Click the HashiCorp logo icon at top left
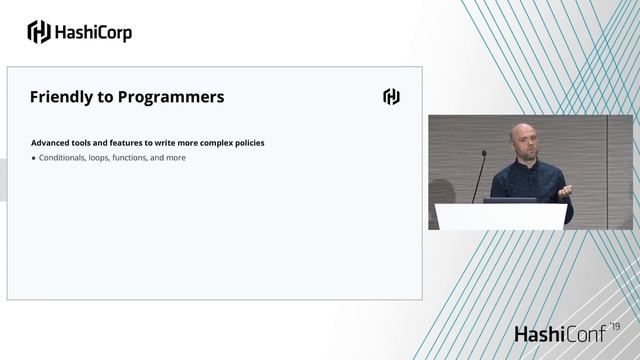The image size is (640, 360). [x=38, y=32]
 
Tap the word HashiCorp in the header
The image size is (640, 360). [x=94, y=32]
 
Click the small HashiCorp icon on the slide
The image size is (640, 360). [x=391, y=97]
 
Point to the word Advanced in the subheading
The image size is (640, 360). [x=51, y=143]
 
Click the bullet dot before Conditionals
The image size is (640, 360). [x=33, y=158]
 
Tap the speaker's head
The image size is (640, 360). [x=525, y=140]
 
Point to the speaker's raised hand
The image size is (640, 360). [x=565, y=190]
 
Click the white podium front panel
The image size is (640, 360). [x=500, y=216]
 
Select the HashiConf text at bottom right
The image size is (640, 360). [x=560, y=334]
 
